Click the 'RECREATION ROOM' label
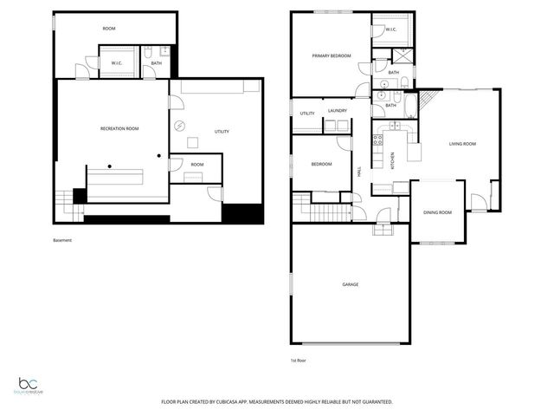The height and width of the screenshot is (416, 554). point(119,128)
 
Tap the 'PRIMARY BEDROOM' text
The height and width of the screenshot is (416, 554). point(332,55)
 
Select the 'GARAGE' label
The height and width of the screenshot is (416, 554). point(350,284)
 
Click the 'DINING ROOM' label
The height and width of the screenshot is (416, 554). point(437,212)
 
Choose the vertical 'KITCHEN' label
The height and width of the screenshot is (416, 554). point(391,159)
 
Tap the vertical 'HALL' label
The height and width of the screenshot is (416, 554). point(359,172)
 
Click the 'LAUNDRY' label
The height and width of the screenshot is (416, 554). point(338,111)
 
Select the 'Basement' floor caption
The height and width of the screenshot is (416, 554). point(63,240)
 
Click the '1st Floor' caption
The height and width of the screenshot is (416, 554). point(299,360)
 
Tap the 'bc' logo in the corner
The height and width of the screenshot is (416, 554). point(30,384)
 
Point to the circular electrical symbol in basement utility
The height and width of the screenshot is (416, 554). point(180,125)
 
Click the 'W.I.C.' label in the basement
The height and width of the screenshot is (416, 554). point(115,62)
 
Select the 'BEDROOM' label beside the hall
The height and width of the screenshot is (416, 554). point(321,164)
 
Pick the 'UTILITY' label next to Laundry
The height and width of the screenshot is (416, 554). point(307,114)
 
